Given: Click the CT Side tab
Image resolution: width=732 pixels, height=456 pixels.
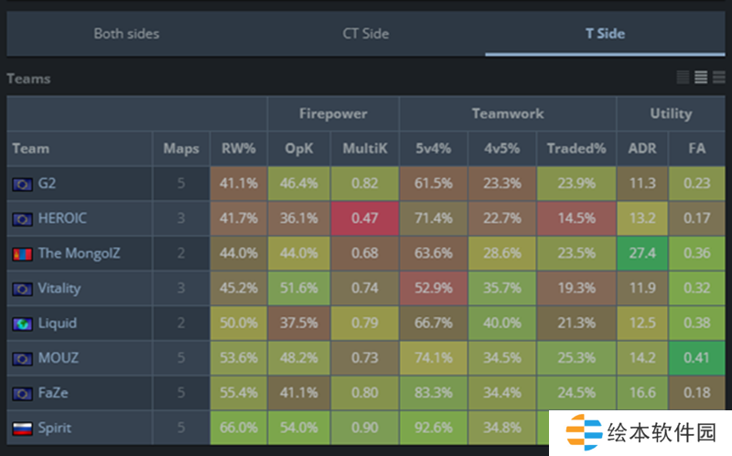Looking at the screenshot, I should pos(365,34).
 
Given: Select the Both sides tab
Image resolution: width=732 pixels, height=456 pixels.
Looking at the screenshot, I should pos(126,34).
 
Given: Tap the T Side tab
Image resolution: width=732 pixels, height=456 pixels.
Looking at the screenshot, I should pos(605,34).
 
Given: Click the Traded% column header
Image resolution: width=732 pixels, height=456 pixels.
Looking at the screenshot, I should pos(576,148).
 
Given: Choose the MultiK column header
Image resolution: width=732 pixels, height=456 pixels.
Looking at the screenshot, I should pos(364,148).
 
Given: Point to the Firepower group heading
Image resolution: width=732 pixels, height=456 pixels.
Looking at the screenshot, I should pos(333,113).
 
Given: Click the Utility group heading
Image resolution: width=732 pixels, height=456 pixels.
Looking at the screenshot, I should pos(671,113).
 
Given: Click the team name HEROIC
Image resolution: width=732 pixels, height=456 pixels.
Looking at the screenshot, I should pos(62,218).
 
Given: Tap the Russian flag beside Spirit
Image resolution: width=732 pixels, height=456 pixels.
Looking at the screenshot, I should pos(22,428).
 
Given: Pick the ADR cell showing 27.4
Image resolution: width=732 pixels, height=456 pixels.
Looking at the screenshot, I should pos(641,253).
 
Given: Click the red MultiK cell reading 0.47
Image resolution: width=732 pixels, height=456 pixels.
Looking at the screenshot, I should pos(364,218).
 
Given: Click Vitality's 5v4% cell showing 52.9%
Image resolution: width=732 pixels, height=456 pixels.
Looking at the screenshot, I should pos(433,288).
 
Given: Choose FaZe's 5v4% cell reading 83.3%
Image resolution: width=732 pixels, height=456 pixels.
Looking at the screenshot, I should pos(433,393).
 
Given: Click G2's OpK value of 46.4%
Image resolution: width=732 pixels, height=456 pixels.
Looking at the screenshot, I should pos(299,183).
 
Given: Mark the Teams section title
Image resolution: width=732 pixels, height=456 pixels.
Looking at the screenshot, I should pos(28,79).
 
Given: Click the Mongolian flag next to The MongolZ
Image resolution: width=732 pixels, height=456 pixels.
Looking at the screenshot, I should pos(22,253).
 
